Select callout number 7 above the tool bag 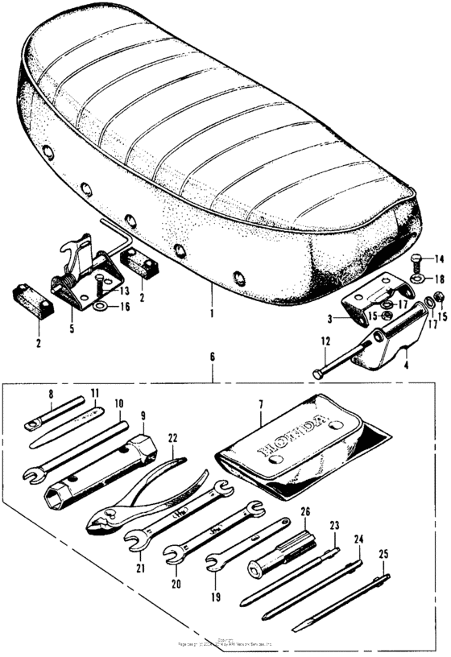click(262, 419)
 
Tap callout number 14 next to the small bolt click(439, 258)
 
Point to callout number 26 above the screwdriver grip click(304, 512)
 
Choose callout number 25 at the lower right click(383, 555)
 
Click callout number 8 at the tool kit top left click(50, 396)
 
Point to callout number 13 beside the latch click(123, 290)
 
